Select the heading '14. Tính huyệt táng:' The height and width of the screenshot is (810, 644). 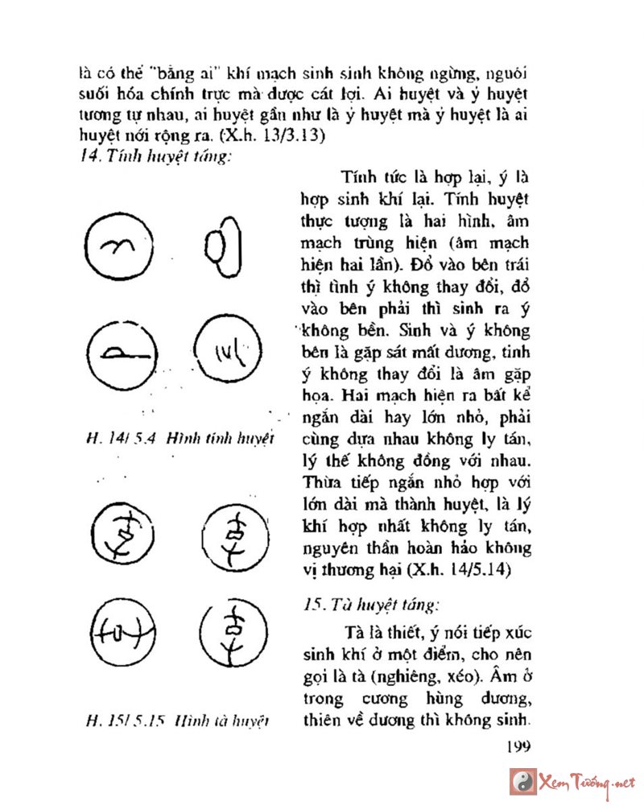[x=154, y=155]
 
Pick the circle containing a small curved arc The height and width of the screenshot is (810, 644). [x=117, y=246]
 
